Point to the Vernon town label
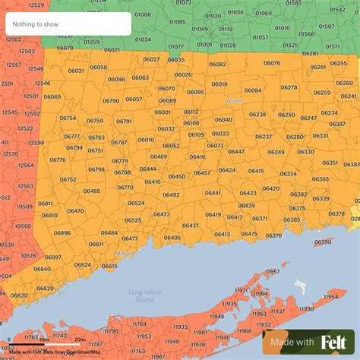click(x=234, y=100)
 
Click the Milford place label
click(x=125, y=253)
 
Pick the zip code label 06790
click(x=111, y=100)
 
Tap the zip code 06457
click(x=202, y=172)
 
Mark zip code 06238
click(x=257, y=114)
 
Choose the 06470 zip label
click(x=75, y=210)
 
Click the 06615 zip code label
click(x=109, y=266)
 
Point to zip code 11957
click(x=272, y=271)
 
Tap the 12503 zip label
click(x=27, y=51)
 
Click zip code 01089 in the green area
click(x=200, y=29)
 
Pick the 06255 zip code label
click(x=338, y=63)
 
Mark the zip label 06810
click(x=49, y=215)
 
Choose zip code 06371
click(x=260, y=218)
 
